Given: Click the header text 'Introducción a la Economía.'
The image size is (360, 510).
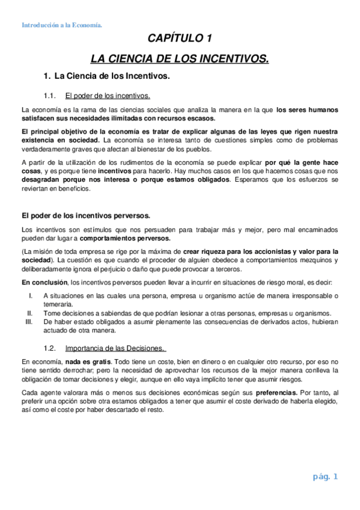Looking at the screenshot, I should pyautogui.click(x=61, y=25).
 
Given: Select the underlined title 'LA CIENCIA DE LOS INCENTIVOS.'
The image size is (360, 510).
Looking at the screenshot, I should pyautogui.click(x=180, y=59).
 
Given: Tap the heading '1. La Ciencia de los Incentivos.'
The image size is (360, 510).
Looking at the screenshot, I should pyautogui.click(x=107, y=76).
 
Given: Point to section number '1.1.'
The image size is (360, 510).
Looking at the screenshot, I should pyautogui.click(x=50, y=96).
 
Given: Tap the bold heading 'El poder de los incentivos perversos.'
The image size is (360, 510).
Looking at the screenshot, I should pyautogui.click(x=87, y=215).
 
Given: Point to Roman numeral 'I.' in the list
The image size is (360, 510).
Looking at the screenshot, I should pyautogui.click(x=31, y=295).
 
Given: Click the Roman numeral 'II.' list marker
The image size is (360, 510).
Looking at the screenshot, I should pyautogui.click(x=30, y=313).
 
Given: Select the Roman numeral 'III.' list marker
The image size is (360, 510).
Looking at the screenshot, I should pyautogui.click(x=29, y=322).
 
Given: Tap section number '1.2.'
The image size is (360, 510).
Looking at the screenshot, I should pyautogui.click(x=50, y=348).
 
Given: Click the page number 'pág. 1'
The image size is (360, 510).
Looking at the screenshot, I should pyautogui.click(x=326, y=478).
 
